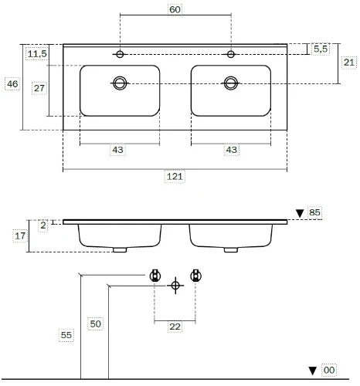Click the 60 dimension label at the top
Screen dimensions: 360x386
(175, 10)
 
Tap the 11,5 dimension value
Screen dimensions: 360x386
(37, 54)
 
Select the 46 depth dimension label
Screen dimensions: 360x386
(12, 84)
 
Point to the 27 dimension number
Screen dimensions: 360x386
(39, 88)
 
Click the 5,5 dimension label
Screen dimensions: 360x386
(321, 49)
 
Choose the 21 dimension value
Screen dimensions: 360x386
(349, 63)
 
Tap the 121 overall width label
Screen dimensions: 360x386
(175, 177)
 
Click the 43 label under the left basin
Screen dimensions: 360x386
(117, 150)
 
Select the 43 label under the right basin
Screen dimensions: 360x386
(231, 150)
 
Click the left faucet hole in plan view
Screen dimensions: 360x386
(120, 54)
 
